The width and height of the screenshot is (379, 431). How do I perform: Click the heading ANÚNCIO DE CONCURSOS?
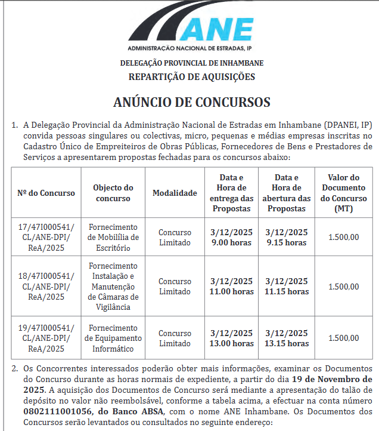tap(192, 101)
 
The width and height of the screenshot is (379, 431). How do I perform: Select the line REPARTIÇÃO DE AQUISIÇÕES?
tap(192, 76)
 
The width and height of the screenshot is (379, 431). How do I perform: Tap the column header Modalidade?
tap(175, 193)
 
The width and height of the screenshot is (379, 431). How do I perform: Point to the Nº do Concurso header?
tap(46, 193)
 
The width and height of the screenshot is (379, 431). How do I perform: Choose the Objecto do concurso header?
tap(113, 193)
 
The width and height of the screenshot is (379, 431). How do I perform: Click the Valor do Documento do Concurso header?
tap(344, 193)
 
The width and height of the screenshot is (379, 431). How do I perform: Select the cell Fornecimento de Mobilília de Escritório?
tap(113, 238)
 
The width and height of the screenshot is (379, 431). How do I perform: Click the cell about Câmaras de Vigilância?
tap(113, 287)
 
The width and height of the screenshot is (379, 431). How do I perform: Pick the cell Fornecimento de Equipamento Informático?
tap(113, 337)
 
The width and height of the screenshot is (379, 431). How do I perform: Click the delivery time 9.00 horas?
tap(232, 243)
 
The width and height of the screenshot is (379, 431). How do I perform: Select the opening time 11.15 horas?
tap(287, 292)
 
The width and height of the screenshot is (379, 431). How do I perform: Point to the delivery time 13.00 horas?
tap(232, 343)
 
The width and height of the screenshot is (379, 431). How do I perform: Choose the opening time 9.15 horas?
tap(287, 243)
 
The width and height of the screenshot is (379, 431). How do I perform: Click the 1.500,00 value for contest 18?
tap(344, 287)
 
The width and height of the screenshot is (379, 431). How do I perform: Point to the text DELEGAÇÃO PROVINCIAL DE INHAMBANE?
tap(192, 63)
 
